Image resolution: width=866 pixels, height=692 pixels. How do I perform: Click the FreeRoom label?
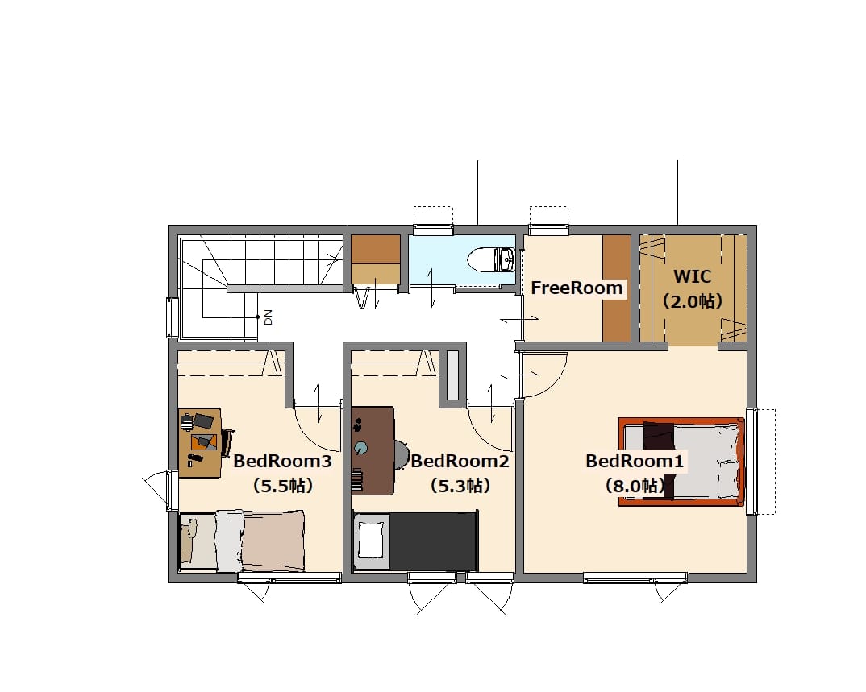(x=577, y=288)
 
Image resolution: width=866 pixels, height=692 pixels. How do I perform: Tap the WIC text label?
(x=692, y=276)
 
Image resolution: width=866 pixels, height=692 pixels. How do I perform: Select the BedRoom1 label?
(x=635, y=461)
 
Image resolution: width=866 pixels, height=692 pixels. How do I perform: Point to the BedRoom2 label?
(x=460, y=461)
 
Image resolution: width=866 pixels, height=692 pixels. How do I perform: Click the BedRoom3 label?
(x=282, y=461)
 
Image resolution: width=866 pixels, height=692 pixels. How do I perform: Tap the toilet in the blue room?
(x=491, y=259)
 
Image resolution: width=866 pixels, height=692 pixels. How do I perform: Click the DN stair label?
(x=269, y=317)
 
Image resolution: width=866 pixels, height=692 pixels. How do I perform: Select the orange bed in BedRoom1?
(x=681, y=462)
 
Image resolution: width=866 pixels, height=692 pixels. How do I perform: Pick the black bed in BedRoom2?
(x=414, y=541)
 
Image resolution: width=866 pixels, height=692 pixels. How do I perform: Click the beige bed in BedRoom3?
(x=242, y=541)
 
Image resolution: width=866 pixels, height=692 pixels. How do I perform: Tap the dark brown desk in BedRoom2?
(x=373, y=450)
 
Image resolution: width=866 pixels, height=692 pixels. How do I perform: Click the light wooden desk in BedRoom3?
(x=199, y=442)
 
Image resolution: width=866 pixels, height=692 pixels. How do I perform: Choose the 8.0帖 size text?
(x=635, y=486)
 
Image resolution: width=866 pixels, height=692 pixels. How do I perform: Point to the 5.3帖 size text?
(x=460, y=486)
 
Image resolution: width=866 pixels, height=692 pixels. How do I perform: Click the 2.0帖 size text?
(x=692, y=301)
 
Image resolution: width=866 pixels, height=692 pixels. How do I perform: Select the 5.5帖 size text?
(x=282, y=486)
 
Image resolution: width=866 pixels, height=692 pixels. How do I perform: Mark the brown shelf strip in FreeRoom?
(x=616, y=288)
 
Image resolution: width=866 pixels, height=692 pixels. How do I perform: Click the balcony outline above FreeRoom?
(x=577, y=160)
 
